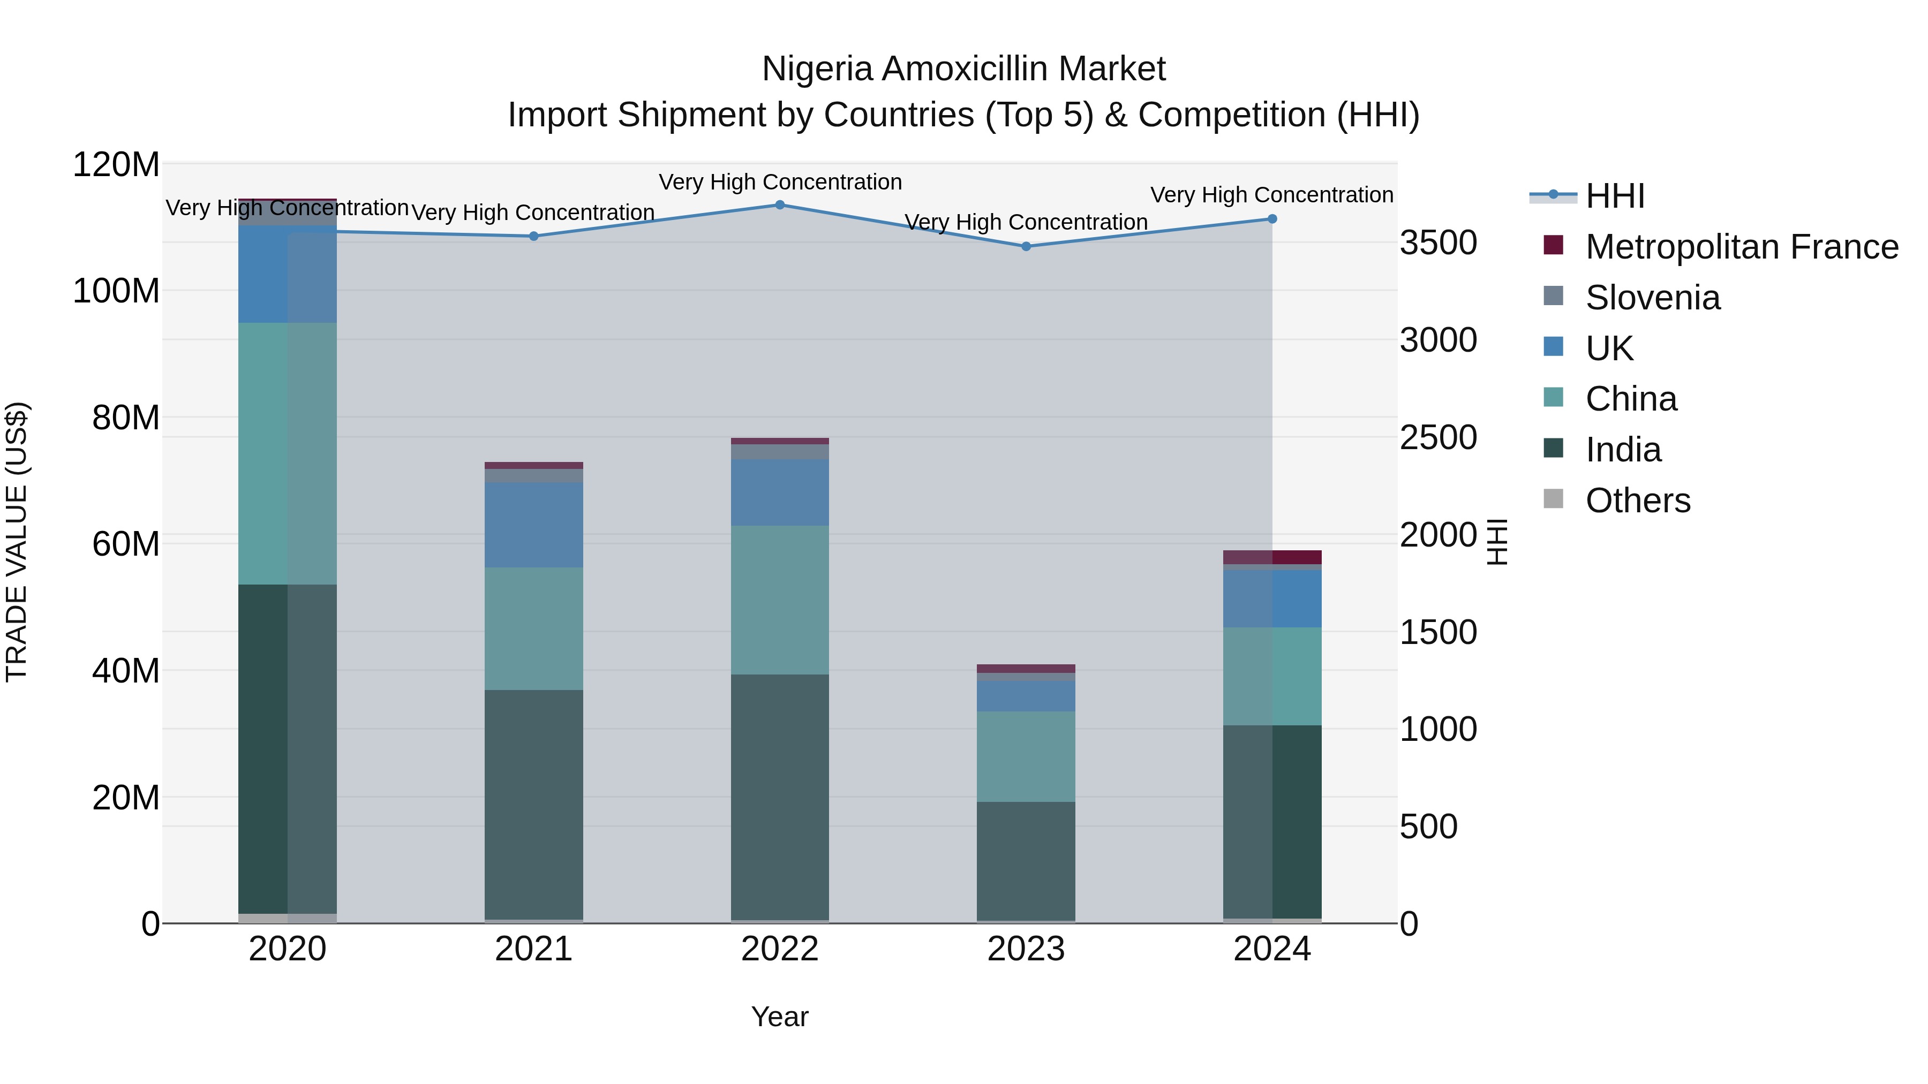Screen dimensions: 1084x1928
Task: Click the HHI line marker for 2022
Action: pos(780,205)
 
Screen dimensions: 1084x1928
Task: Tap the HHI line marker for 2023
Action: pos(1026,246)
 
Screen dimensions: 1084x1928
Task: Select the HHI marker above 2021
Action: pos(533,237)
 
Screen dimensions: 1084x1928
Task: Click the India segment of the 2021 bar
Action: pos(533,804)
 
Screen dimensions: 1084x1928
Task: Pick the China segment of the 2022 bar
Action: pos(780,600)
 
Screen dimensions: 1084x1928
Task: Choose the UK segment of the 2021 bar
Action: pos(533,525)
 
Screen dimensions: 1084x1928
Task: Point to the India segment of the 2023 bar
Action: pos(1026,860)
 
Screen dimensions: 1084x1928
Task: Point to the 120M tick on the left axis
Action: pos(116,164)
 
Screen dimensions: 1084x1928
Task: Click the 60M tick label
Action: pos(126,544)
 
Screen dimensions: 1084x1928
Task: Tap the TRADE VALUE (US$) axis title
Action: pos(17,542)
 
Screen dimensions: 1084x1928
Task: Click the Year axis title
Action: pos(779,1017)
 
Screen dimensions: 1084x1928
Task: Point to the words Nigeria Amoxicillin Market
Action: pos(963,69)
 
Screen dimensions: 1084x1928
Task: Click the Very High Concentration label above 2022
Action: pos(780,182)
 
